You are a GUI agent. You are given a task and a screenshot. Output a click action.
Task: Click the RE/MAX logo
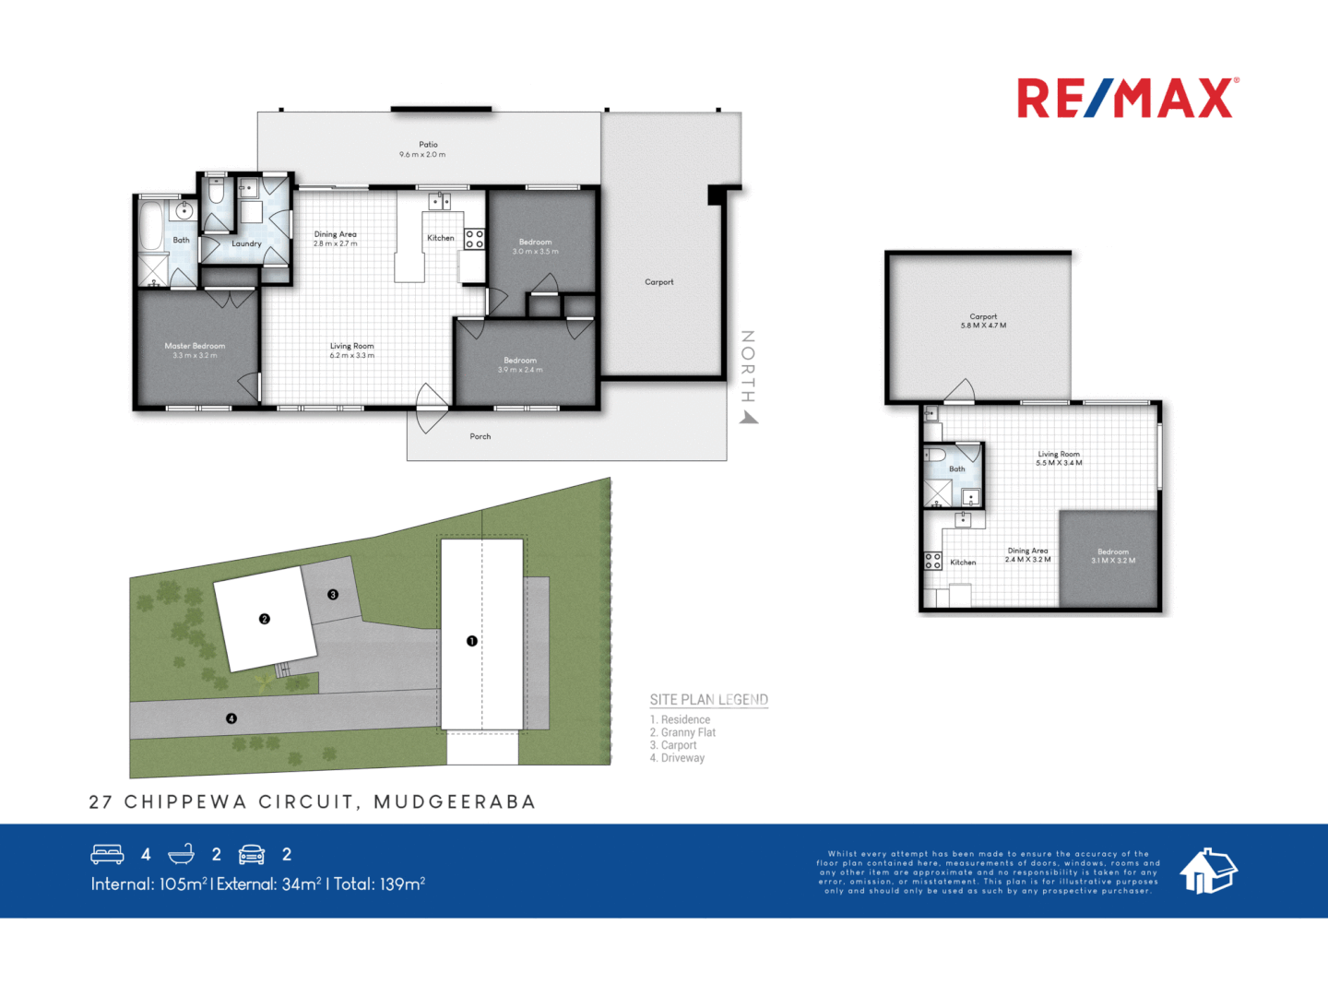point(1127,98)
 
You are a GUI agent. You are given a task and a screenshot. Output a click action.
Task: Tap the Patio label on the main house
point(428,145)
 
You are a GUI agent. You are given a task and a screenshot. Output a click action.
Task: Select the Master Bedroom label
point(195,346)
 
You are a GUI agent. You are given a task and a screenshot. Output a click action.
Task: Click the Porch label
point(480,436)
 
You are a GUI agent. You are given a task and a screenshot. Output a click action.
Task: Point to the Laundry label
point(246,243)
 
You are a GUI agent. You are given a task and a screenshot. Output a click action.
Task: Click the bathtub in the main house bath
point(150,227)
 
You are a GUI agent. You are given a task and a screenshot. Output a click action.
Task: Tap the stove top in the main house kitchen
point(474,240)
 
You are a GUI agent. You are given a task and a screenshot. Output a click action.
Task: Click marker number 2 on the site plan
point(265,619)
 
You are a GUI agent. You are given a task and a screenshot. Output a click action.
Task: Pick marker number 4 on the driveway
point(231,718)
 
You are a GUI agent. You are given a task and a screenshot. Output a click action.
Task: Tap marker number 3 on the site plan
point(333,595)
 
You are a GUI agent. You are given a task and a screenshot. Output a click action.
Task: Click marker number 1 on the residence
point(472,641)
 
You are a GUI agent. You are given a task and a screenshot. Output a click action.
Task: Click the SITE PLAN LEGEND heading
point(708,700)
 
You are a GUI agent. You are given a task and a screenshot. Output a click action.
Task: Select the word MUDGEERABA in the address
point(455,802)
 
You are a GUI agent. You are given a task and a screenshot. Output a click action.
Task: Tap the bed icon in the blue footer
point(107,854)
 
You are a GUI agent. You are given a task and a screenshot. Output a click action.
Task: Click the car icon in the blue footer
point(252,854)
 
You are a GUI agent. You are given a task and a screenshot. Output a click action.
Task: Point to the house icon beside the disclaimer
point(1208,871)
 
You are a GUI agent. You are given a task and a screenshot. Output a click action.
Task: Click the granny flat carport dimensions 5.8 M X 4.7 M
point(983,326)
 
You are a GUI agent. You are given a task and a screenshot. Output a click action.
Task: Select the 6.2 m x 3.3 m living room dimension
point(352,355)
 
